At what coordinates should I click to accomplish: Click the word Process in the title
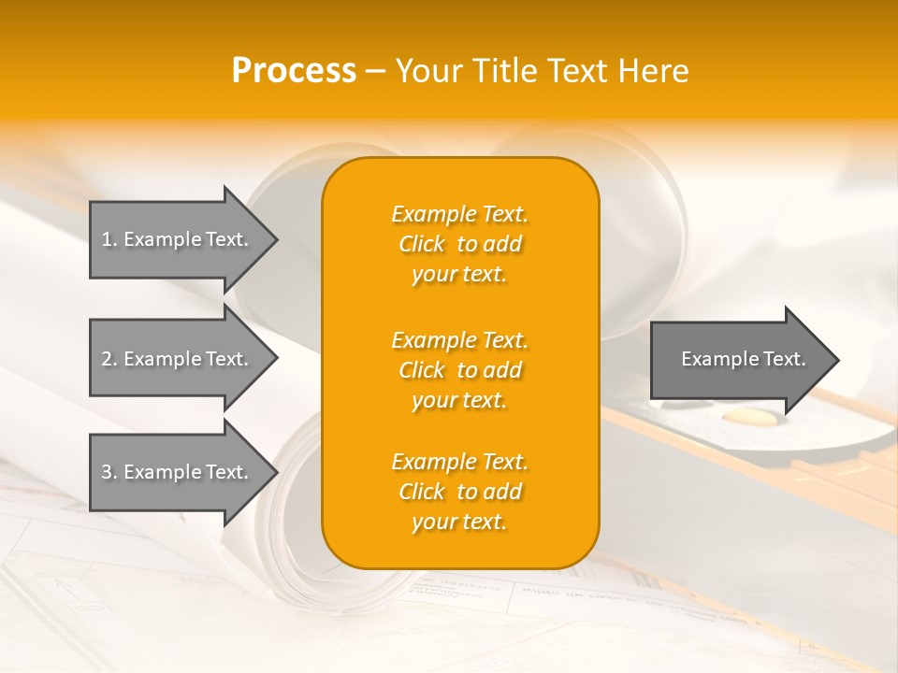(294, 71)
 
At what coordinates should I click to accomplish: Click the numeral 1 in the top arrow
(107, 239)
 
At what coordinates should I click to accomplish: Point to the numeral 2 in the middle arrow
(107, 359)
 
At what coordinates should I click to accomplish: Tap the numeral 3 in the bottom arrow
(107, 472)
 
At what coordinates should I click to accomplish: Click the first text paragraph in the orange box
(460, 244)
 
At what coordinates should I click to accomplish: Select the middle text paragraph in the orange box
(460, 370)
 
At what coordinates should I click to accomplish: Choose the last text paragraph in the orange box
(460, 492)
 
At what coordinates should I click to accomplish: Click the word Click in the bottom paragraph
(421, 492)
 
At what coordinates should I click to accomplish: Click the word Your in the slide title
(426, 71)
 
